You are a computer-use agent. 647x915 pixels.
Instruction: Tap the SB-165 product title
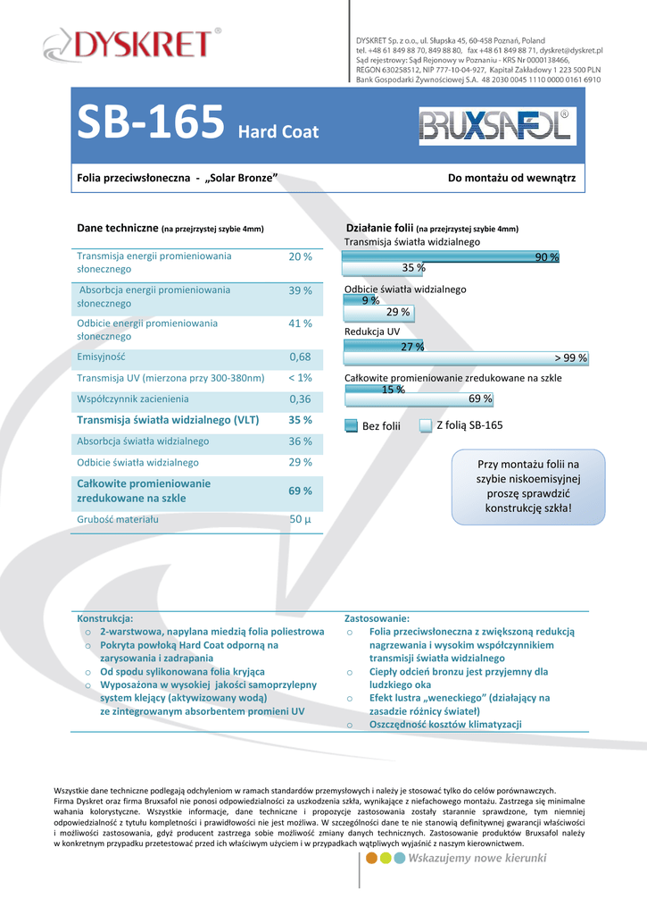coord(150,123)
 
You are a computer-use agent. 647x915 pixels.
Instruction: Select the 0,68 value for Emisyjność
coord(300,357)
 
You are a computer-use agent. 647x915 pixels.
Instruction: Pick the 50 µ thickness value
coord(300,519)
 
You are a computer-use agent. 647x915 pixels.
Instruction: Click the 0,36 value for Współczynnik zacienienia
coord(300,399)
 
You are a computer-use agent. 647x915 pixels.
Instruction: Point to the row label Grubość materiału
coord(118,519)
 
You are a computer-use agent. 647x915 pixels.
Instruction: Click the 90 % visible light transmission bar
coord(452,256)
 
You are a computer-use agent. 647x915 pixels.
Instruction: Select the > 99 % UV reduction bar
coord(466,358)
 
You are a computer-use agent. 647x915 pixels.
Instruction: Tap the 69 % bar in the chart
coord(419,399)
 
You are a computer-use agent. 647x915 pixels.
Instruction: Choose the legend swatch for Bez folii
coord(352,426)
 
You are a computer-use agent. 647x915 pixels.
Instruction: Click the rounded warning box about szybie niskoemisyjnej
coord(528,486)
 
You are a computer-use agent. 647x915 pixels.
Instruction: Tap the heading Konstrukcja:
coord(105,618)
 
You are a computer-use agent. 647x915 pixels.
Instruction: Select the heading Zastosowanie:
coord(377,618)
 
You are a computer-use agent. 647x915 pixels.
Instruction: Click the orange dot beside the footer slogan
coord(372,859)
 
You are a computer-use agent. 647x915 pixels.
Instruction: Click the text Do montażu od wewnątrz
coord(511,179)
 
